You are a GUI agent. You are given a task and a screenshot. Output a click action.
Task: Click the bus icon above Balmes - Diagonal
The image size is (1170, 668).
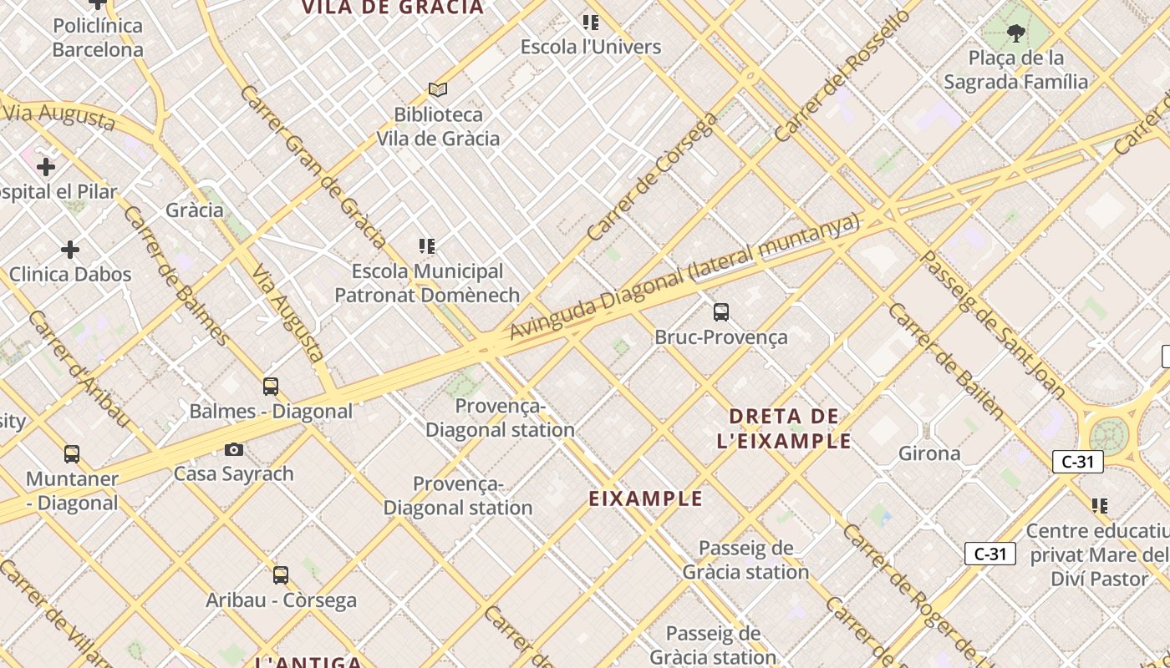271,386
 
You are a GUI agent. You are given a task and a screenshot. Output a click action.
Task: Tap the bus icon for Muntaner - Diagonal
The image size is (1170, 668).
72,454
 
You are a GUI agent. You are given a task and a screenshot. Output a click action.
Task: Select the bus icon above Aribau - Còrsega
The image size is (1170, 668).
281,575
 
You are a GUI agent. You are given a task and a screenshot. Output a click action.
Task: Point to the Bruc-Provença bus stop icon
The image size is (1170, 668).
721,312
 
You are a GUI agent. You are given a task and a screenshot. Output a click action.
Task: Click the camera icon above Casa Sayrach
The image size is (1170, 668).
234,450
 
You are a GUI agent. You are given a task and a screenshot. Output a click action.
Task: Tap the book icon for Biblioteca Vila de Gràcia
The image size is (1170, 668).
438,89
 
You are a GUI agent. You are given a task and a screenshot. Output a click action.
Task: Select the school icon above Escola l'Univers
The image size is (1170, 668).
591,23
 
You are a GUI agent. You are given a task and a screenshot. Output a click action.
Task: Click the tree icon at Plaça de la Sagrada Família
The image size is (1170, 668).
1016,33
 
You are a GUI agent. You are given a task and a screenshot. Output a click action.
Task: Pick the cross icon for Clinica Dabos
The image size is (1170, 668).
70,250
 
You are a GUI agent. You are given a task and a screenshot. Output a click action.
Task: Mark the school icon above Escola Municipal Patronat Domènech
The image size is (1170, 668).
427,246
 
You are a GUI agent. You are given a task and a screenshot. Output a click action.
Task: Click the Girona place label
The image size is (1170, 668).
928,453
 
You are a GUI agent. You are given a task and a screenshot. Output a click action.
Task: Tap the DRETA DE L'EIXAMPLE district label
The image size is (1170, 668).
784,428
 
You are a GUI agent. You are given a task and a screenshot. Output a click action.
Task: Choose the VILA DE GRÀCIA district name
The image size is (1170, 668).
393,8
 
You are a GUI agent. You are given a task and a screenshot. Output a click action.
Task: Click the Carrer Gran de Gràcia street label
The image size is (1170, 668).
313,166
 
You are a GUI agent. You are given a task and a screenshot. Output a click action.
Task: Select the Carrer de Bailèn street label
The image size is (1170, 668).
945,361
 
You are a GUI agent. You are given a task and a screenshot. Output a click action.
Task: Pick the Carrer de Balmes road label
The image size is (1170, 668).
176,275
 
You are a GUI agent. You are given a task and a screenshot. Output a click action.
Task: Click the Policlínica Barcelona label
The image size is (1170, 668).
98,38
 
